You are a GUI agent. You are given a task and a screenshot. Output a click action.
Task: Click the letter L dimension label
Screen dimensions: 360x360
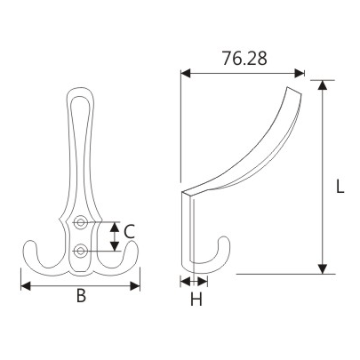click(340, 188)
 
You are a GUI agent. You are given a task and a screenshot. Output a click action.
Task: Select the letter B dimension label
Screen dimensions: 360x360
click(80, 297)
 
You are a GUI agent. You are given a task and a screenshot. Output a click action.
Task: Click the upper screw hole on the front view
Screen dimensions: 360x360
click(81, 221)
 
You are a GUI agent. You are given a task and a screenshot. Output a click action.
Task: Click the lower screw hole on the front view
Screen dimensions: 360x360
click(81, 251)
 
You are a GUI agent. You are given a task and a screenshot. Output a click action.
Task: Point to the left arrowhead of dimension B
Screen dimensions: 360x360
click(24, 285)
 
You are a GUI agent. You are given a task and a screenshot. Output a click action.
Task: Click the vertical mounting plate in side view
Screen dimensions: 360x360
click(188, 231)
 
